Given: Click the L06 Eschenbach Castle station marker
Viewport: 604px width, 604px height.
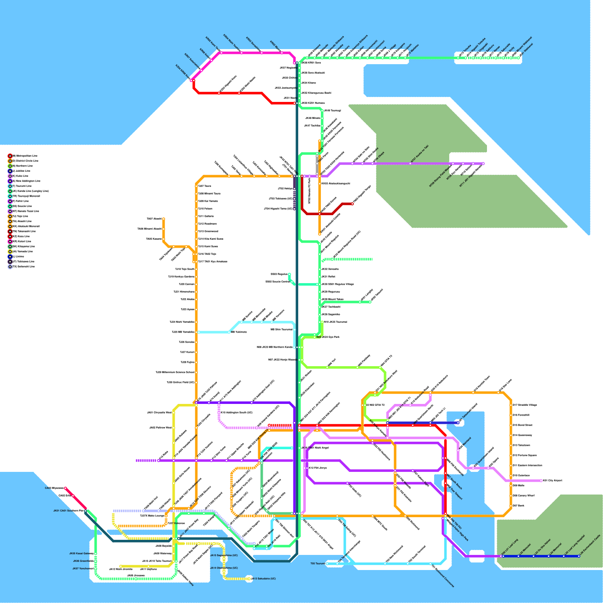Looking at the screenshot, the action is (x=579, y=556).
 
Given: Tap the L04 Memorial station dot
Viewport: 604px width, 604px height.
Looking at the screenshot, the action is (x=549, y=556).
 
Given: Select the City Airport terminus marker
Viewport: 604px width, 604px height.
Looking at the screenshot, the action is (x=541, y=481).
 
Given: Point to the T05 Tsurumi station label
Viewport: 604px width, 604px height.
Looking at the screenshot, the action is (x=318, y=564).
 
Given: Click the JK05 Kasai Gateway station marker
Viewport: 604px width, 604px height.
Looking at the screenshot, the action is (x=96, y=554).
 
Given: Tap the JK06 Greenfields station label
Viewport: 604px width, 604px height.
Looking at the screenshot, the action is (x=83, y=561).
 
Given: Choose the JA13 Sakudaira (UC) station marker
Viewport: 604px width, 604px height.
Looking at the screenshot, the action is (x=249, y=579).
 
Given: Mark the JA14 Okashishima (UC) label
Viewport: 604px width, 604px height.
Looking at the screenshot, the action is (x=224, y=568).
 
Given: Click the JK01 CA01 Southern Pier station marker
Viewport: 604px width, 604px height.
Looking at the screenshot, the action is (x=86, y=511).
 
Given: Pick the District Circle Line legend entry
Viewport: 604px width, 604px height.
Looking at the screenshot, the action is (x=25, y=161).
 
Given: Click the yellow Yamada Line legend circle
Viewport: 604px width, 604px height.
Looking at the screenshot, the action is (x=10, y=251).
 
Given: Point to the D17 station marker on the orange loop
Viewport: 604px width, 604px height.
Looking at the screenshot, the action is (x=511, y=405).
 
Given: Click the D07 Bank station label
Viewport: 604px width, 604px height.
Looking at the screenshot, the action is (x=518, y=505).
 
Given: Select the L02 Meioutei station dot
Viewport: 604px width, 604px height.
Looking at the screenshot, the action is (x=518, y=556).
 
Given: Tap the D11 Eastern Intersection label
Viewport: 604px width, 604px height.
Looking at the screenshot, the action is (x=527, y=465).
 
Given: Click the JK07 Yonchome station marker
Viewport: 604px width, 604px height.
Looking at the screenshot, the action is (x=96, y=569).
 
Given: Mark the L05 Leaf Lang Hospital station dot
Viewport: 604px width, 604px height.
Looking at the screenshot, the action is (x=564, y=556).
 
